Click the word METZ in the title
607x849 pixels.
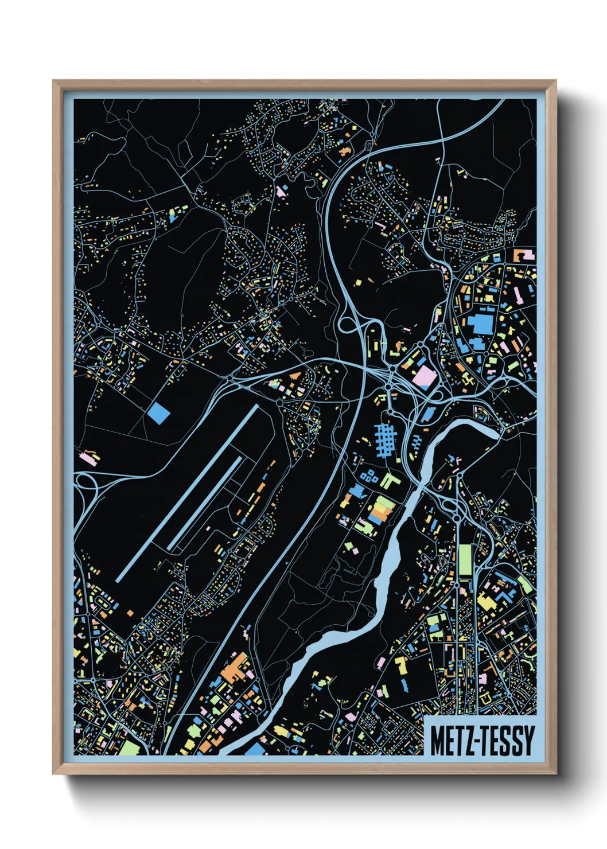pyautogui.click(x=449, y=741)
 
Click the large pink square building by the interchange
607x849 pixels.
pyautogui.click(x=425, y=376)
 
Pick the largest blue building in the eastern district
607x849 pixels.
pyautogui.click(x=481, y=322)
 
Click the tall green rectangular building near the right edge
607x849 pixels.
pyautogui.click(x=465, y=559)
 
